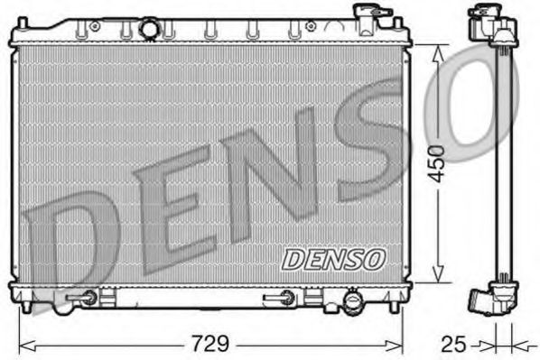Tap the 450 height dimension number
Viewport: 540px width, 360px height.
(436, 162)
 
